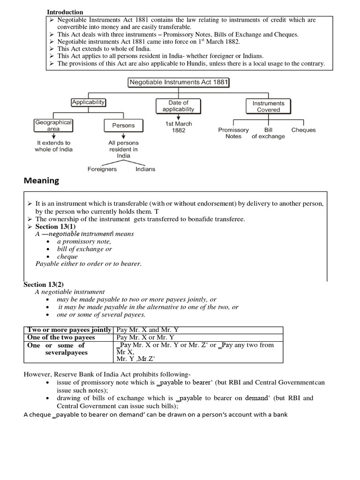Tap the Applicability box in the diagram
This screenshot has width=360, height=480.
coord(89,102)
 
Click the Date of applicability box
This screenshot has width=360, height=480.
coord(178,106)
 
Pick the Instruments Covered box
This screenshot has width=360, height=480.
coord(268,106)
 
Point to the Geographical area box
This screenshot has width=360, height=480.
coord(53,125)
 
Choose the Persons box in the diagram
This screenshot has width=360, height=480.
coord(123,126)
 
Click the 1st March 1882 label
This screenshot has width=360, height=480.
coord(178,127)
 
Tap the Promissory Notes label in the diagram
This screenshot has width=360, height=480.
coord(233,133)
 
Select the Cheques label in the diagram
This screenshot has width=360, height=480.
coord(303,130)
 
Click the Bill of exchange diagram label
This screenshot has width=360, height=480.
coord(268,133)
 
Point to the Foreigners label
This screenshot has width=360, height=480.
coord(102,169)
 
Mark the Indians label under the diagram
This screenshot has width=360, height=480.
coord(145,169)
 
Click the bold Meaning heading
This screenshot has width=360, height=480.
coord(41,180)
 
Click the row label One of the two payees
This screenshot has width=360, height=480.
coord(61,337)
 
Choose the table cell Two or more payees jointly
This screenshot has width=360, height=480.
coord(69,330)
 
